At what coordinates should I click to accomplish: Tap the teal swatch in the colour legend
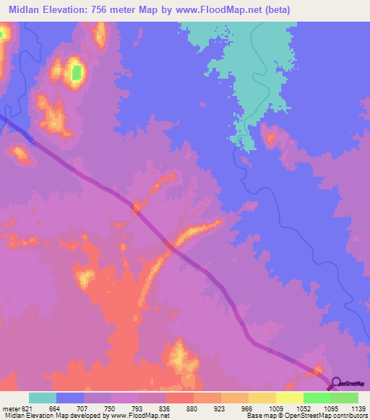[43, 398]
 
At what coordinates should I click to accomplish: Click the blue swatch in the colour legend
[70, 398]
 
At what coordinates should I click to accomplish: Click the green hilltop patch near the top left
[76, 73]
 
